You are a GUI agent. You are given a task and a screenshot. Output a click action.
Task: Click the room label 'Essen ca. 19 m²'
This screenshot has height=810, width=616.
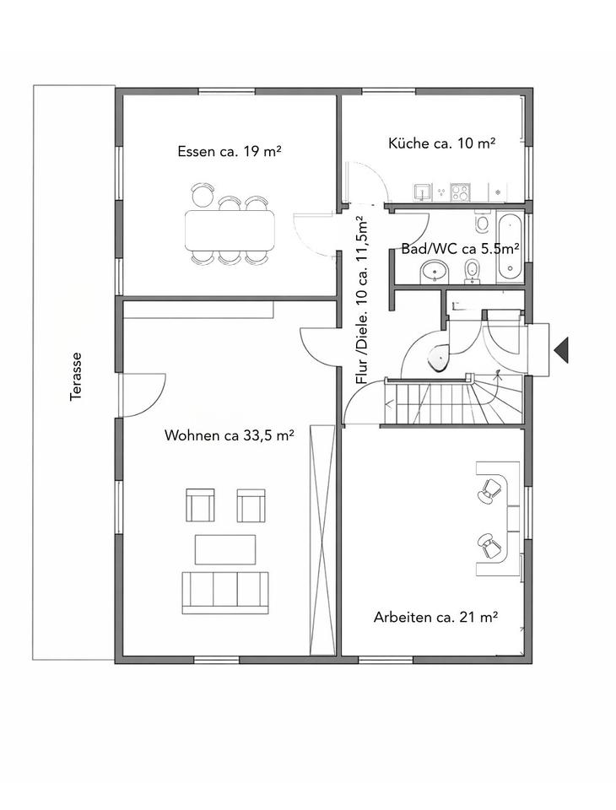click(229, 151)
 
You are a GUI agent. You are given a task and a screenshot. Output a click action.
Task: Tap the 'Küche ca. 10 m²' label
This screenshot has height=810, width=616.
click(442, 143)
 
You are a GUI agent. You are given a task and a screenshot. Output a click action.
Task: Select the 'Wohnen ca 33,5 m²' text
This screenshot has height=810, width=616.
click(230, 435)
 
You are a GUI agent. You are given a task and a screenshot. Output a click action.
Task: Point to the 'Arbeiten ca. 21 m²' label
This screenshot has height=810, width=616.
click(435, 617)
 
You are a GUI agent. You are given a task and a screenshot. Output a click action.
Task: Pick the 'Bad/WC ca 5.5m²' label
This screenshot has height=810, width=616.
click(461, 249)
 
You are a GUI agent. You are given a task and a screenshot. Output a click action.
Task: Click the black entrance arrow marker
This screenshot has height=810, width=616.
click(561, 350)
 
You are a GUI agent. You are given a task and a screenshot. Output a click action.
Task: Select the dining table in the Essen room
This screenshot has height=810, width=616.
click(230, 229)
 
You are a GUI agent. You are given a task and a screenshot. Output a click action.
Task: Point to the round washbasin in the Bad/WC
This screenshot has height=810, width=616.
click(434, 271)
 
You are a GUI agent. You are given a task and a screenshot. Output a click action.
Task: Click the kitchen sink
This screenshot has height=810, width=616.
click(422, 192)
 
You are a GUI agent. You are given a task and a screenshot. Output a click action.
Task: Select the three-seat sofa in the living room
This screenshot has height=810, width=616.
click(226, 592)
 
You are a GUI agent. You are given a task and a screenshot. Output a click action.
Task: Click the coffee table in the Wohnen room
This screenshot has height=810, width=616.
click(225, 549)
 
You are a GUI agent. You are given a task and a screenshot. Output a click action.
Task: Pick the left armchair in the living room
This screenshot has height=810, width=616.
click(200, 505)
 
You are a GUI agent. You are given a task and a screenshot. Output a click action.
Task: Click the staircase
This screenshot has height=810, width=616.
click(452, 399)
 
